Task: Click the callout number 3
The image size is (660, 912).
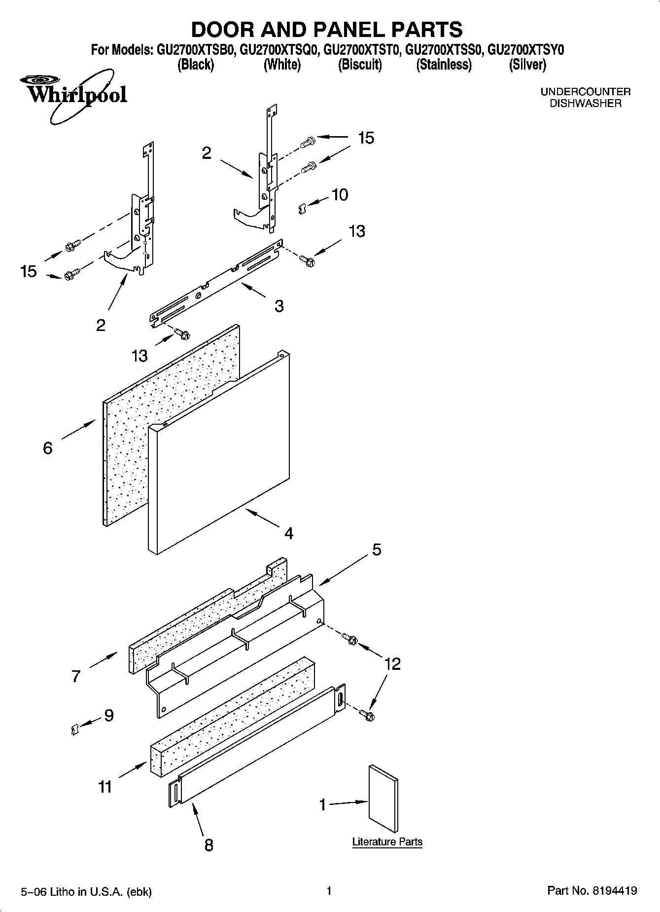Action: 279,306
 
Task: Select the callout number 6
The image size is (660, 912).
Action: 48,448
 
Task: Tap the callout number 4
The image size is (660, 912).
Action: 289,533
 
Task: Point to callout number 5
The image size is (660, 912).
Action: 377,549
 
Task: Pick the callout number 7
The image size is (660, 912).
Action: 75,676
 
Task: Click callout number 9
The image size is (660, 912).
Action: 108,715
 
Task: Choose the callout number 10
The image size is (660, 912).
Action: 340,195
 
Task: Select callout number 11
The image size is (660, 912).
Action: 105,787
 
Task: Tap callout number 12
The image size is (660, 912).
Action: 392,664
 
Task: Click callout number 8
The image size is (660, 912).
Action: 208,845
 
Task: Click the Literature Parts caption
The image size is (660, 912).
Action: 387,842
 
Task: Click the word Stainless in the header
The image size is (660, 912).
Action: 444,65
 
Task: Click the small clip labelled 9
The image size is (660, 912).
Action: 74,729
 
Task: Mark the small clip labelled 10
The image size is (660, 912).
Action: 303,209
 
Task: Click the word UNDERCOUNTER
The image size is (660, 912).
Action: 585,92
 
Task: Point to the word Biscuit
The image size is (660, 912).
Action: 360,65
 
